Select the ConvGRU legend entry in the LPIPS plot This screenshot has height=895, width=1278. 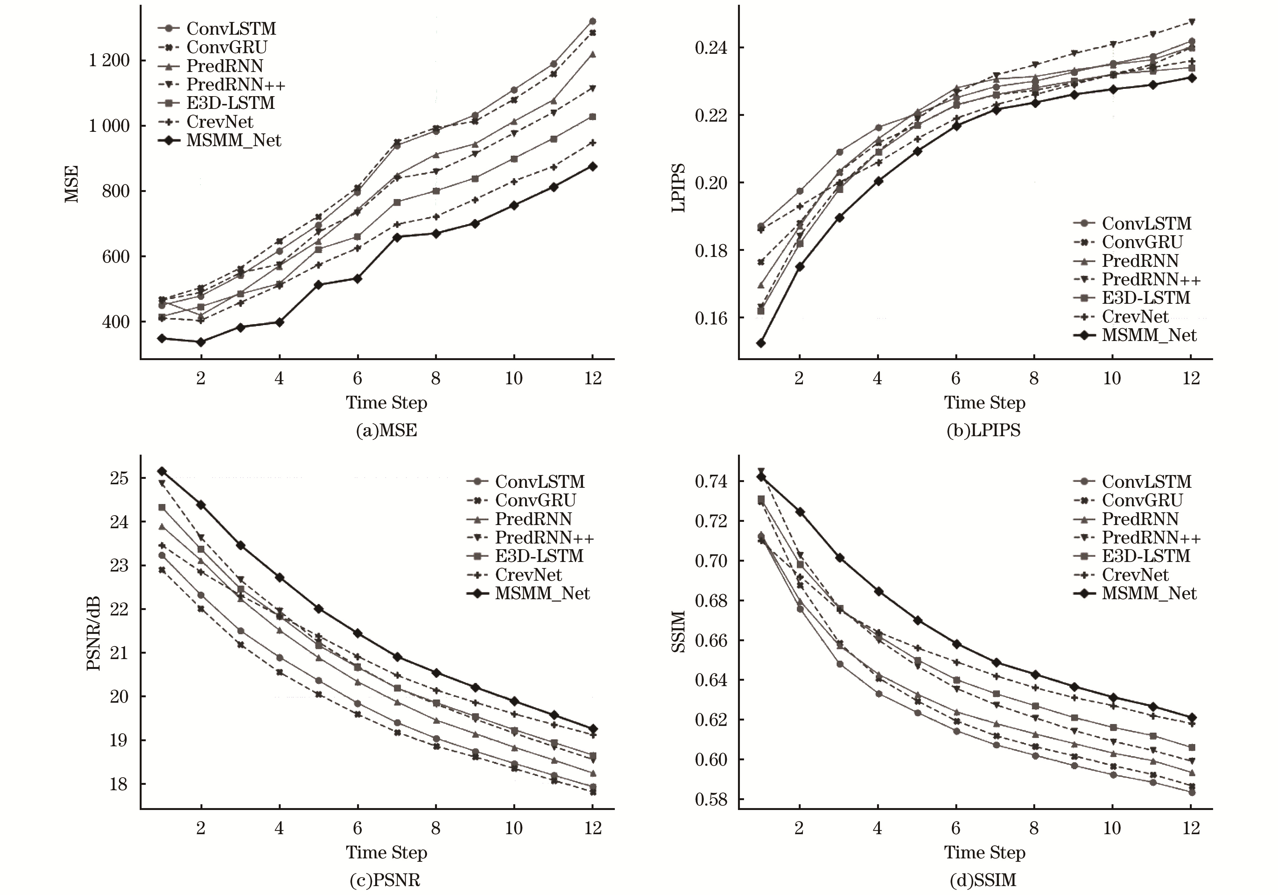1141,242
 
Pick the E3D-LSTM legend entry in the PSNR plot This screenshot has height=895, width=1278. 539,556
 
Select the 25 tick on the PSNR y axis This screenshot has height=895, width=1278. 119,479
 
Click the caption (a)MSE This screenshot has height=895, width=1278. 386,430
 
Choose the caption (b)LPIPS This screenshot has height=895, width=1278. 984,430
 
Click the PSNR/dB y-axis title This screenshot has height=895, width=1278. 94,633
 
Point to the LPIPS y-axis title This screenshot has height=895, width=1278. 678,188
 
